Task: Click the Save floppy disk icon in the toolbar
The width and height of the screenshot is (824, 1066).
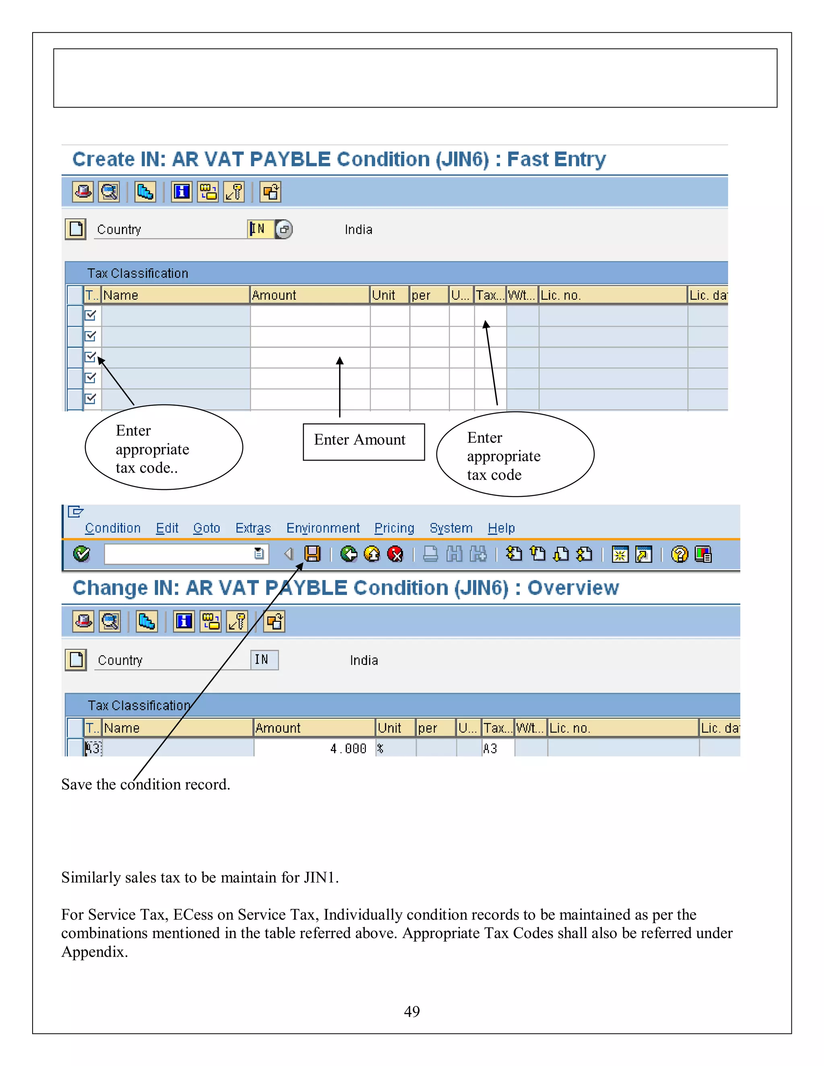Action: click(x=312, y=554)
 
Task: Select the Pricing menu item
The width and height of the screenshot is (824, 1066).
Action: click(x=394, y=528)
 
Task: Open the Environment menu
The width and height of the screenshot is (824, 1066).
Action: click(x=323, y=528)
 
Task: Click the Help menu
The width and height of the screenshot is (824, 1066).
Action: click(x=501, y=528)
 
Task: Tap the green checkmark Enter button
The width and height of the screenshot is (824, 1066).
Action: click(x=81, y=554)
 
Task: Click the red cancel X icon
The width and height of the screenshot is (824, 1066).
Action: click(x=395, y=554)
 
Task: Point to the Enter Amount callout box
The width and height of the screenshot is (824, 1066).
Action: click(x=364, y=441)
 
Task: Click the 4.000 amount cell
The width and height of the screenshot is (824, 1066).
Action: click(x=348, y=748)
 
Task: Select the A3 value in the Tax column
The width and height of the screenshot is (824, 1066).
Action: click(x=490, y=748)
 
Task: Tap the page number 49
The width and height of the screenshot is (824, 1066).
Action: click(x=412, y=1011)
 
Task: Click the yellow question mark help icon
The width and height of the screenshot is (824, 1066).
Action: click(x=679, y=554)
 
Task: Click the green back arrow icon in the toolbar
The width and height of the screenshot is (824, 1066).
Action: click(x=348, y=554)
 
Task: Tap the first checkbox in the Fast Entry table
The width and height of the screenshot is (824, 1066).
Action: click(x=90, y=315)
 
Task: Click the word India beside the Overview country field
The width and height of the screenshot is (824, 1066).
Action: click(x=364, y=661)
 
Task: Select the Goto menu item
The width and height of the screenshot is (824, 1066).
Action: click(x=206, y=528)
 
